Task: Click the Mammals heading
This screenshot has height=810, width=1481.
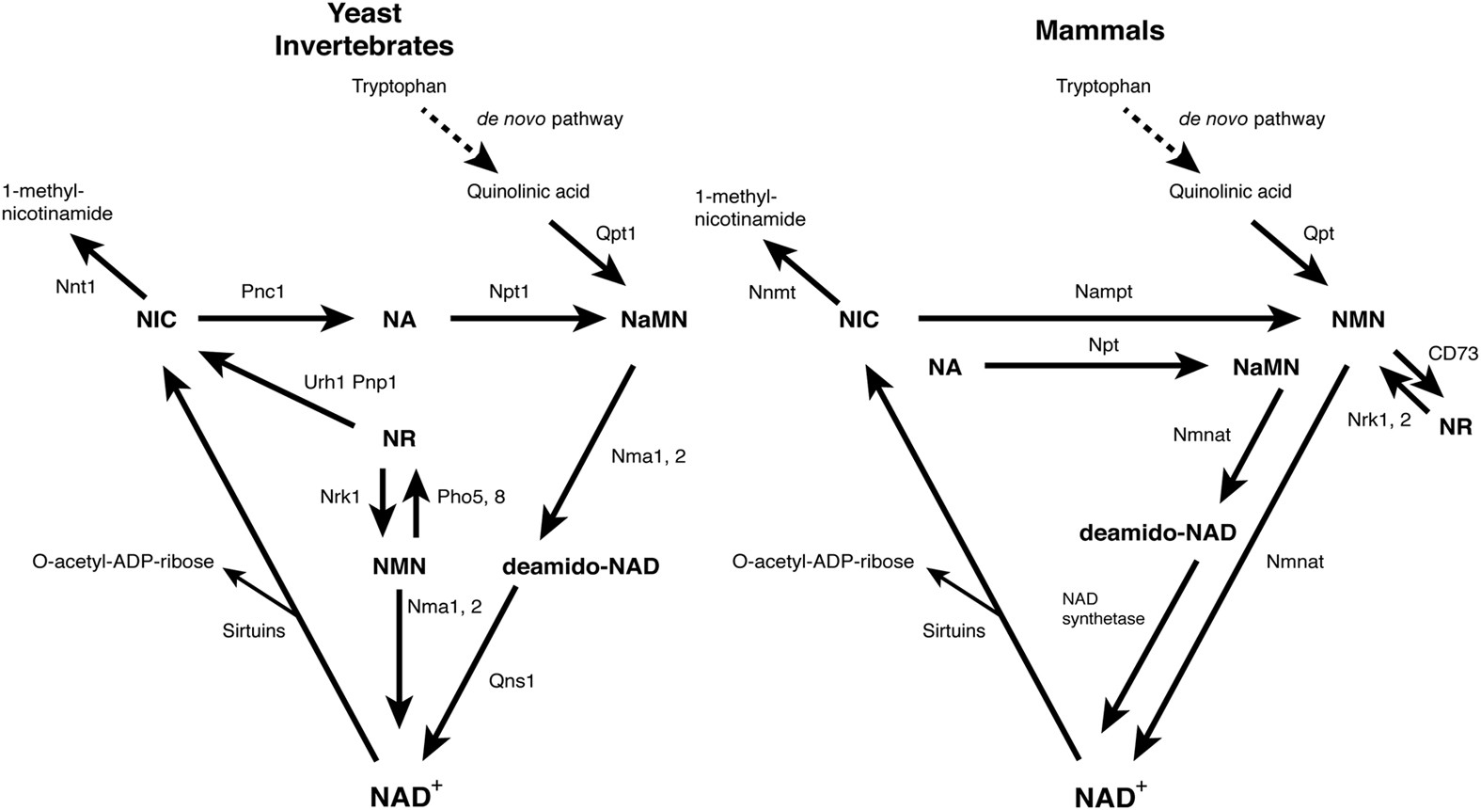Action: [x=1099, y=31]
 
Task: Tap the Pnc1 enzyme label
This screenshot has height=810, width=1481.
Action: [x=262, y=292]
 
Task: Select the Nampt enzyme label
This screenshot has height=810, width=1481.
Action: [x=1103, y=292]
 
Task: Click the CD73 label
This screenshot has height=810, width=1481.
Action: [x=1453, y=354]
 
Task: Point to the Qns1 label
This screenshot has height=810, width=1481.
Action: [x=512, y=680]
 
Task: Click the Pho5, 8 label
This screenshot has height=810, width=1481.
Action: [x=471, y=496]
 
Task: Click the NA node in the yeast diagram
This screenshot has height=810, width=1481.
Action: [x=399, y=320]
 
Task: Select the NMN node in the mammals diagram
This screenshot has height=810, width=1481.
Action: [x=1358, y=320]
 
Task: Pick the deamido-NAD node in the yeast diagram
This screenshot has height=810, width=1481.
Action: [x=580, y=566]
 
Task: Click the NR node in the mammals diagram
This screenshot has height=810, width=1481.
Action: [x=1455, y=426]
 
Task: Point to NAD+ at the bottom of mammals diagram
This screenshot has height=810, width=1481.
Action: [x=1110, y=795]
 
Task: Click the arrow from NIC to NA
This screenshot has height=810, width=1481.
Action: [x=273, y=320]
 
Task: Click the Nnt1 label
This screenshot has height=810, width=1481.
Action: [x=75, y=286]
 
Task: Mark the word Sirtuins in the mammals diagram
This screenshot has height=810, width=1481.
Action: [x=953, y=630]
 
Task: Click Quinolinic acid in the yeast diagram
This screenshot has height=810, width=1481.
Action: [x=528, y=191]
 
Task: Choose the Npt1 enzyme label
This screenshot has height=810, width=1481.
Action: [x=509, y=292]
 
